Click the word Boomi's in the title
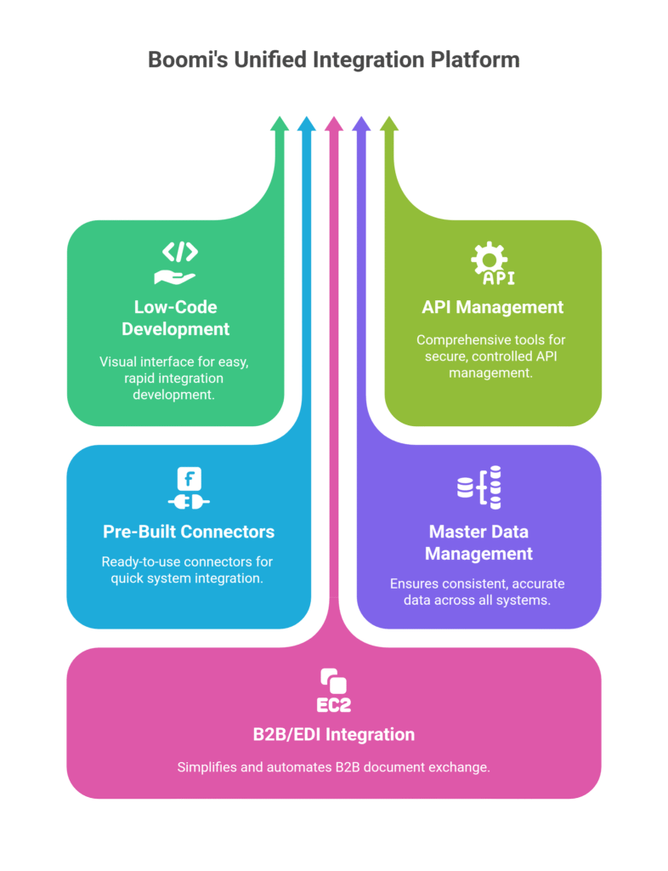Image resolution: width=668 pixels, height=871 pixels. click(x=185, y=60)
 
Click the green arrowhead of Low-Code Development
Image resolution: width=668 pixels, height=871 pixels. click(x=280, y=124)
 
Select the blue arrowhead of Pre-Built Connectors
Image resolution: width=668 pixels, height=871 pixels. click(x=307, y=124)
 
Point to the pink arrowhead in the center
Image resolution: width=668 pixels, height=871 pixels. click(x=334, y=124)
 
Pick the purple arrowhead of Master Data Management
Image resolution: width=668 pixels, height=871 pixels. click(x=361, y=124)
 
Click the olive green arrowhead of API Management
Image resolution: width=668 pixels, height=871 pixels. click(x=388, y=124)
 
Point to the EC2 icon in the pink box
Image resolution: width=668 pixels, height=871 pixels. click(x=333, y=690)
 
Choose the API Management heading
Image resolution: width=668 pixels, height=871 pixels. click(x=492, y=306)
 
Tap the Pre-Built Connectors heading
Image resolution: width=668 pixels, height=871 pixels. click(x=189, y=532)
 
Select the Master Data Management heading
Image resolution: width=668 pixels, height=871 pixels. click(x=478, y=542)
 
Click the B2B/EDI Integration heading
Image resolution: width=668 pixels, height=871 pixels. click(x=333, y=733)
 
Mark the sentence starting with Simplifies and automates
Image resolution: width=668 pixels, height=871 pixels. click(x=333, y=767)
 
